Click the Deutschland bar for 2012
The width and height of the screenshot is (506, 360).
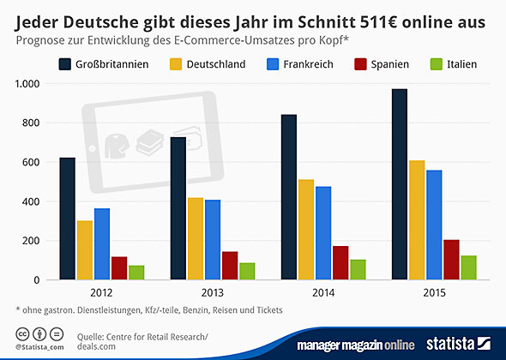click(85, 250)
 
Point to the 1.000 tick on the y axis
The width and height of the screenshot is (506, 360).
click(26, 84)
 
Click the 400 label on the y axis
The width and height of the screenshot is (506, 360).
click(31, 201)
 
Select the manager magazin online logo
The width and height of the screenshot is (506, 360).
click(360, 345)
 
